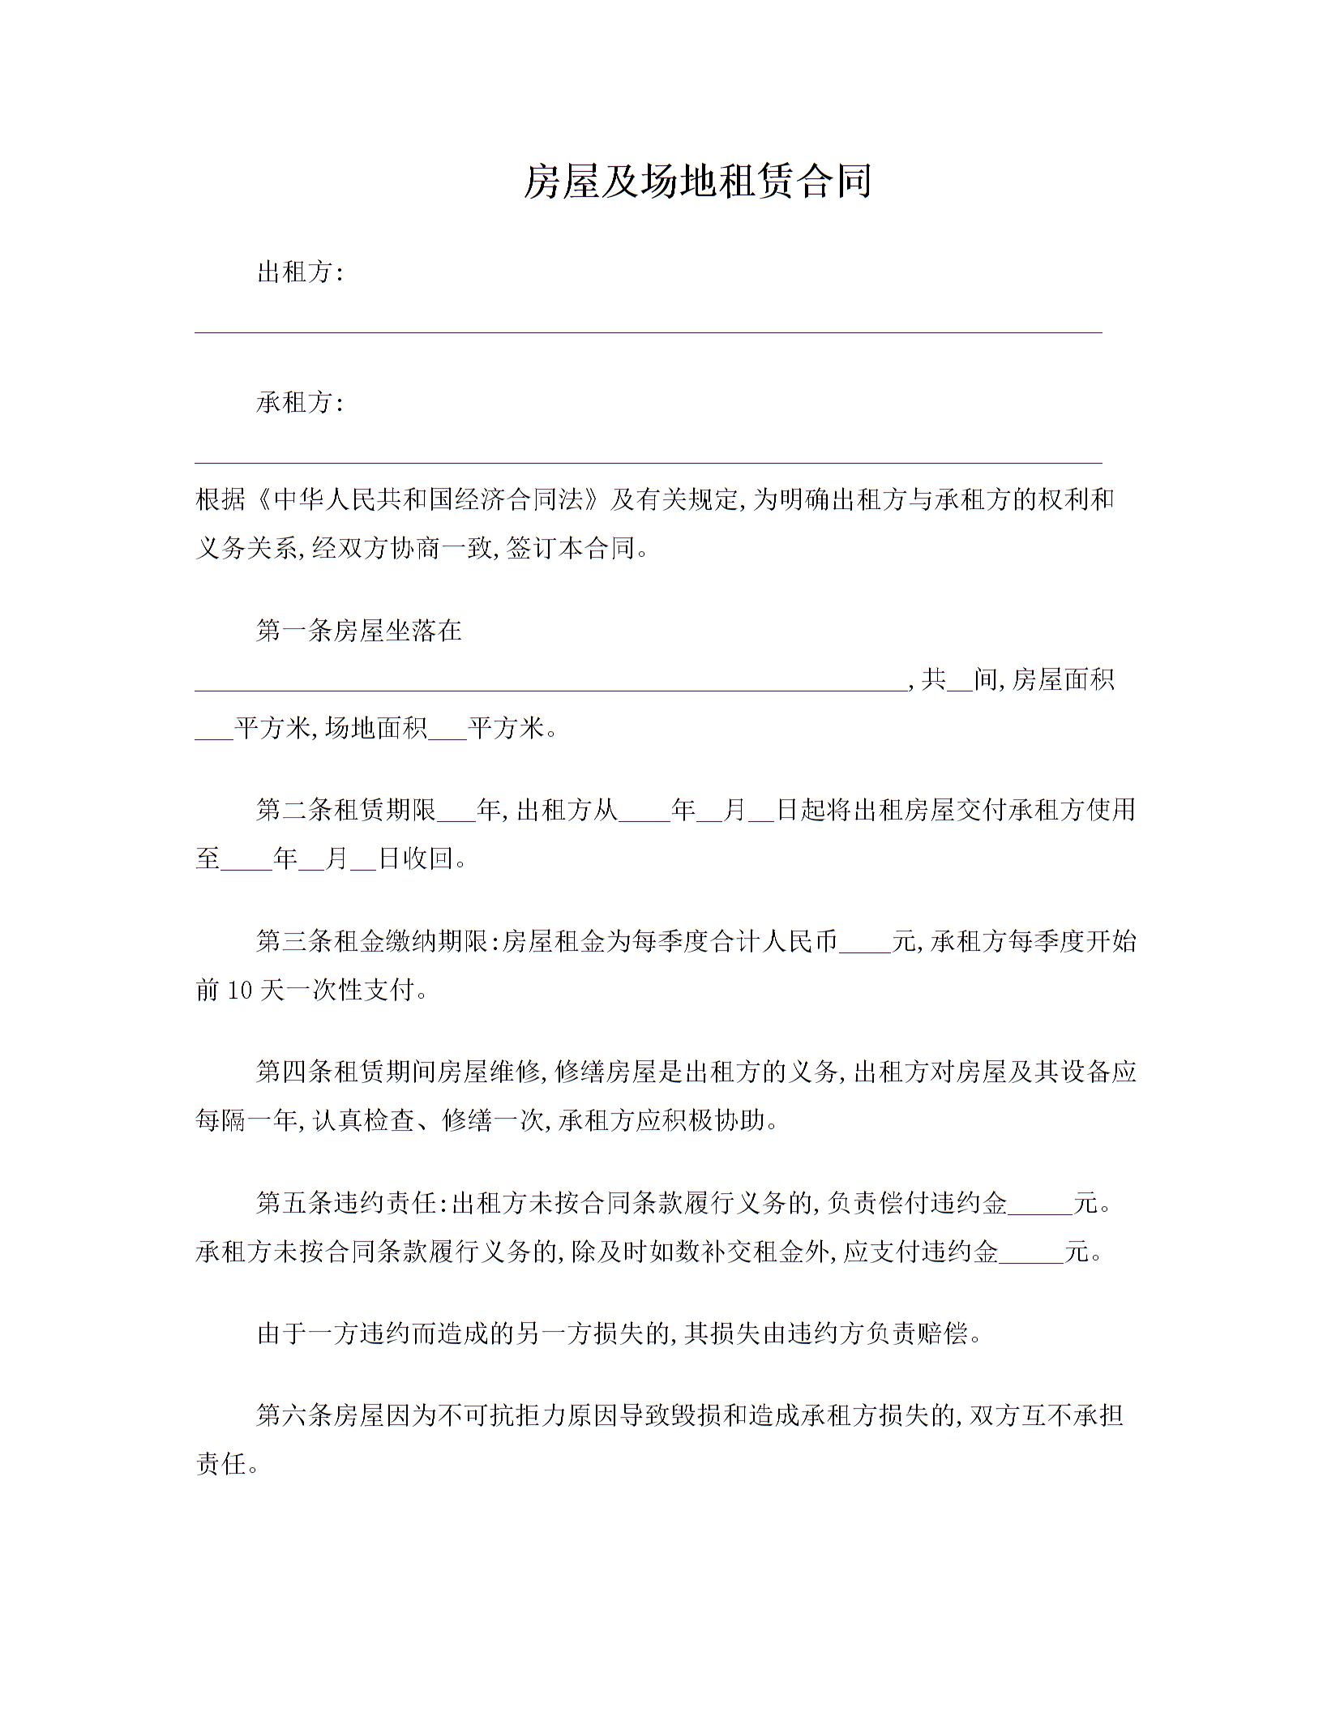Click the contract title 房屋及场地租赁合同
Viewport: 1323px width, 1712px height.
coord(696,181)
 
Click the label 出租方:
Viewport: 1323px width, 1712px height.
coord(301,272)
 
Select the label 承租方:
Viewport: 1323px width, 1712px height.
coord(301,403)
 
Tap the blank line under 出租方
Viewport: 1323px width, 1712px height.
coord(649,331)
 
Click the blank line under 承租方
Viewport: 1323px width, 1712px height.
coord(649,462)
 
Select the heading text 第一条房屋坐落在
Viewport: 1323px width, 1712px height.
coord(359,631)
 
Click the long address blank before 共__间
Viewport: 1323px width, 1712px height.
coord(551,687)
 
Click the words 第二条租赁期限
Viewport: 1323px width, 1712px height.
coord(346,810)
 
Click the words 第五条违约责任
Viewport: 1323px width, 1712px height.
coord(346,1203)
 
